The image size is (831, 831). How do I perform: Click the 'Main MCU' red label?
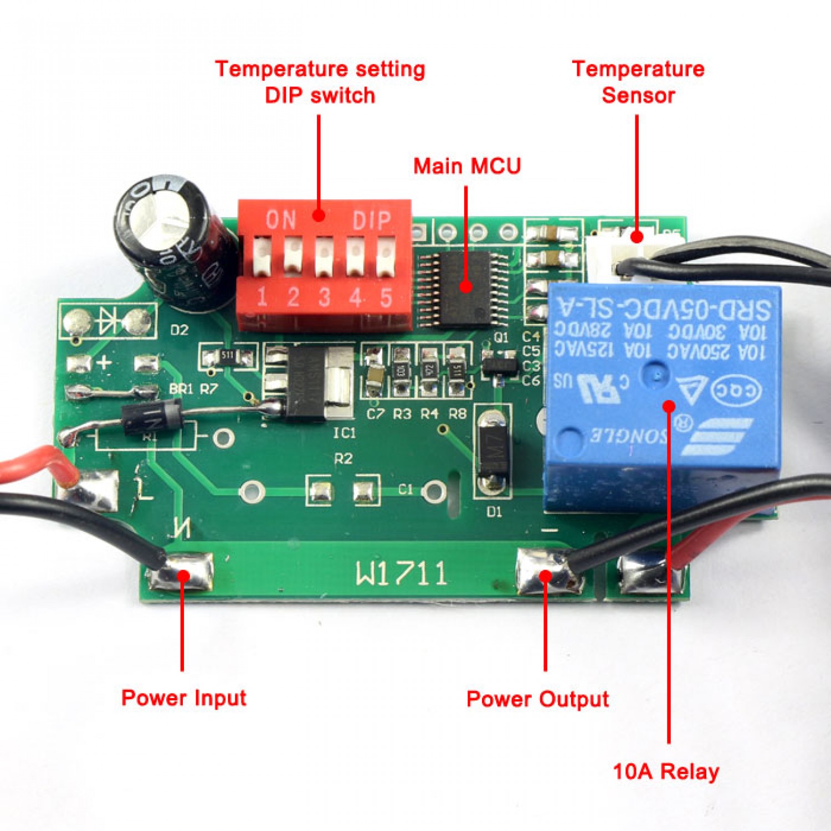467,166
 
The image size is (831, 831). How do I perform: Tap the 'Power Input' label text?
183,697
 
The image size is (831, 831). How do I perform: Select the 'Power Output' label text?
537,699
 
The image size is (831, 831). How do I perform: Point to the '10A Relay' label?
666,771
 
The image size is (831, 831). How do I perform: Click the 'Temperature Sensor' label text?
638,82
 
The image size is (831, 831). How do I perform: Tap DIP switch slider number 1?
261,257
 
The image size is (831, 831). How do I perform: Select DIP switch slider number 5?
386,257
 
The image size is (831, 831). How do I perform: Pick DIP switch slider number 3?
324,257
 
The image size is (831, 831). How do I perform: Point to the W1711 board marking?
401,573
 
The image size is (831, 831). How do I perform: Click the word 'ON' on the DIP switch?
281,220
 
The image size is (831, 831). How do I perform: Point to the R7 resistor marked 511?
228,356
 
